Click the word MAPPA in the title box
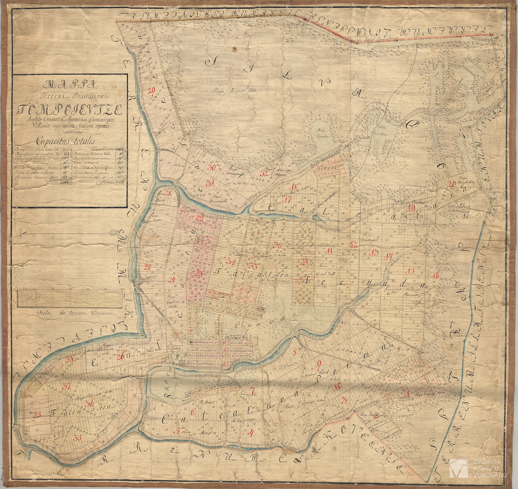click(70, 84)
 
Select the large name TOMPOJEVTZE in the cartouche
click(70, 108)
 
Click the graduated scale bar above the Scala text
click(70, 299)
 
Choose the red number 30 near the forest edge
click(212, 167)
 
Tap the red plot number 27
click(148, 267)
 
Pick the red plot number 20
click(452, 184)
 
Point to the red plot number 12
click(352, 244)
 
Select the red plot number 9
click(318, 363)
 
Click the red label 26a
click(122, 356)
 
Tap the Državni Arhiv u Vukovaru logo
click(478, 468)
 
